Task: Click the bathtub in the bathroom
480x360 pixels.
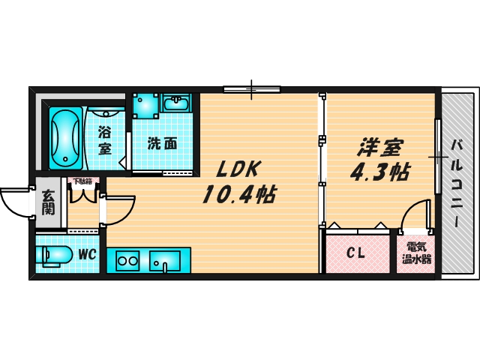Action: tap(65, 138)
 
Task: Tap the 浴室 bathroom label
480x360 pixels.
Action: tap(105, 139)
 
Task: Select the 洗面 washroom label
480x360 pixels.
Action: tap(162, 142)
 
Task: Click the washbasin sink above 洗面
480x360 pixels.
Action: tap(177, 103)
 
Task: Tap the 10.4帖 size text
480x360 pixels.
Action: tap(238, 196)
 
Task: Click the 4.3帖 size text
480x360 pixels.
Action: tap(379, 172)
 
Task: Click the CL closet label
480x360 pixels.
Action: tap(355, 254)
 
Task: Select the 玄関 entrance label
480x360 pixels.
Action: tap(47, 202)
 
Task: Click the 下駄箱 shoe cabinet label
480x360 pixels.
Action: tap(82, 181)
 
